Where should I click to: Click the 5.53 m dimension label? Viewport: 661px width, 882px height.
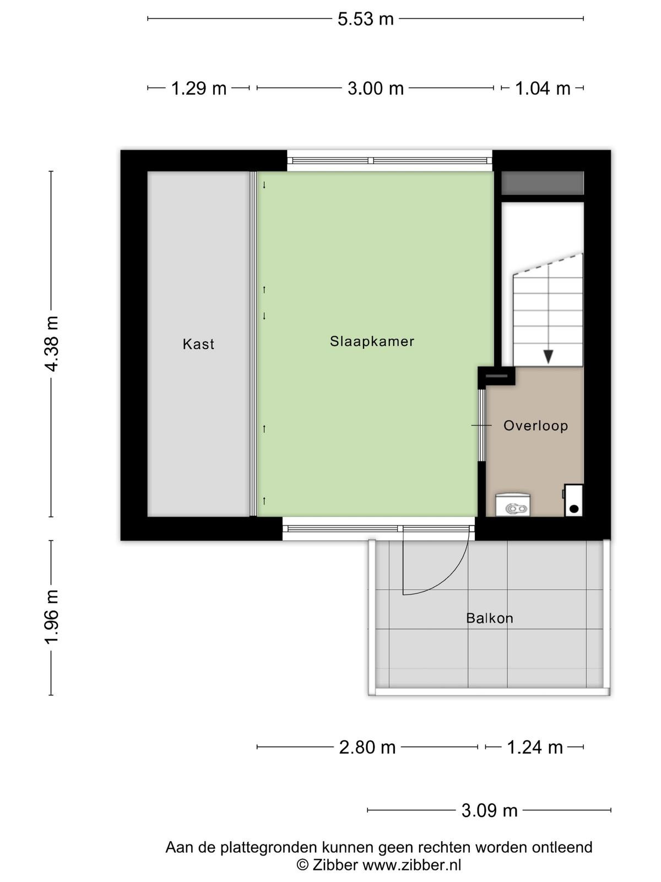coord(365,19)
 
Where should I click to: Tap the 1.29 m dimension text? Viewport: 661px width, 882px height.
coord(199,88)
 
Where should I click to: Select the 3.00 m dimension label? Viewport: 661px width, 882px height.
coord(376,88)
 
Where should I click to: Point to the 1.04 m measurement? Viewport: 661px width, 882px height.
coord(543,88)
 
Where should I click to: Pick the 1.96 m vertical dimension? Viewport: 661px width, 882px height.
coord(52,617)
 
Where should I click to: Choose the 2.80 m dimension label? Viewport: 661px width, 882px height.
coord(367,748)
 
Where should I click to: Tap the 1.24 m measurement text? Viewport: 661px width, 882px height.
coord(535,748)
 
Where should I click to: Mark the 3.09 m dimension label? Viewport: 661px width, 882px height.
coord(489,811)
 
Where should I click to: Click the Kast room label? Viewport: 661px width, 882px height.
coord(198,345)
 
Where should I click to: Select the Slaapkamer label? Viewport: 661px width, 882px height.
coord(372,342)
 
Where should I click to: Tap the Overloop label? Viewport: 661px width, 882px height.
coord(536,426)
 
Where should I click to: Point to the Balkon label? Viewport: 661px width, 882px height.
coord(490,618)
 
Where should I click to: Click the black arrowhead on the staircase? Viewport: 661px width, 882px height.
coord(548,357)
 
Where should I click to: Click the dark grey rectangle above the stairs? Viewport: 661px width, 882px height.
coord(543,183)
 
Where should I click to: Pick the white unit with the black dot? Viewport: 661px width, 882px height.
coord(573,501)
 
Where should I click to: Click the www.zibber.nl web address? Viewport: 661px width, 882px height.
coord(412,865)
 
